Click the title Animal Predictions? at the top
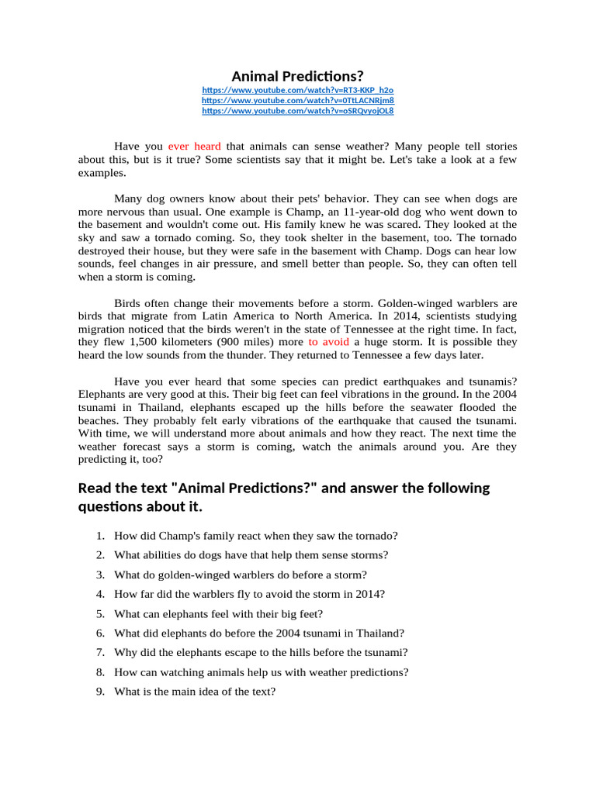[x=297, y=76]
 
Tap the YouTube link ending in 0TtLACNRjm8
[x=297, y=101]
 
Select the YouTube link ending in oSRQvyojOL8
[x=297, y=111]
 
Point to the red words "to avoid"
[x=328, y=342]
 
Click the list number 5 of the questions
[x=101, y=614]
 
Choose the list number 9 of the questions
[x=101, y=691]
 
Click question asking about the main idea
[x=195, y=691]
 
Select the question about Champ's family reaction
[x=256, y=536]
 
